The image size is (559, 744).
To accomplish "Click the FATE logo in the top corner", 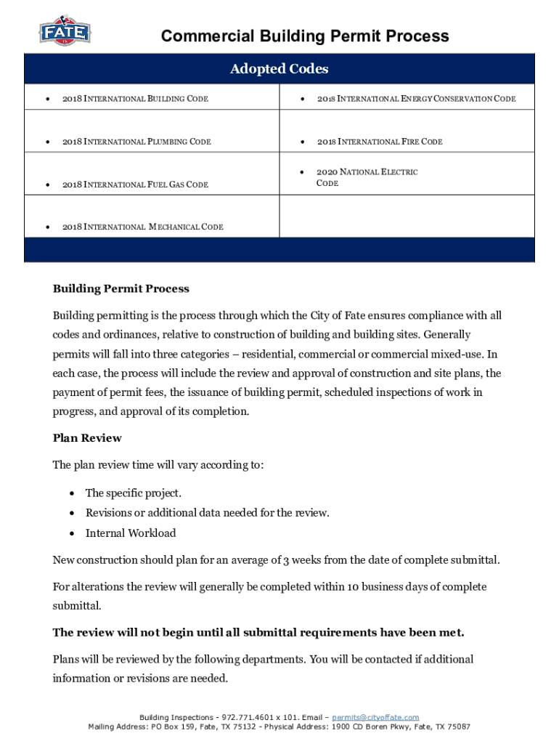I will coord(65,31).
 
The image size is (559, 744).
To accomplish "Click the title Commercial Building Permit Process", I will coord(305,36).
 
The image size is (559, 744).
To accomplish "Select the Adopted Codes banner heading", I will coord(279,69).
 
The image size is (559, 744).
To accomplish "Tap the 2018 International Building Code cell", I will coord(135,98).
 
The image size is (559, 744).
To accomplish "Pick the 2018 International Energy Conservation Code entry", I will coord(416,98).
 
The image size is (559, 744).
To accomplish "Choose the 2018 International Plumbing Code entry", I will coord(136,142).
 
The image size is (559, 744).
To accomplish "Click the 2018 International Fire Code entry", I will coord(380,142).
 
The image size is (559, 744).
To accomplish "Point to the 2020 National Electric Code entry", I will coord(367,177).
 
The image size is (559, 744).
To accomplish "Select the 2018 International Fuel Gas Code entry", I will coord(135,185).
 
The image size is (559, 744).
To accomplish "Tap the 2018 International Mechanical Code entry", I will coord(142,227).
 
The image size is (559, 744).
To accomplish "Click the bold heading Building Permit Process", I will coord(121,288).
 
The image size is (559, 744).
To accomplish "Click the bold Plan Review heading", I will coord(87,438).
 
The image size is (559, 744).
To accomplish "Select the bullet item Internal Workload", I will coord(131,533).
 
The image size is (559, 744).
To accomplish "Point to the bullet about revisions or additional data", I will coord(207,513).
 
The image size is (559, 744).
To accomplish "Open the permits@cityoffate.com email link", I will coord(375,717).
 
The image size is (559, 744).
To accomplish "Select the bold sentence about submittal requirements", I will coord(258,632).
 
